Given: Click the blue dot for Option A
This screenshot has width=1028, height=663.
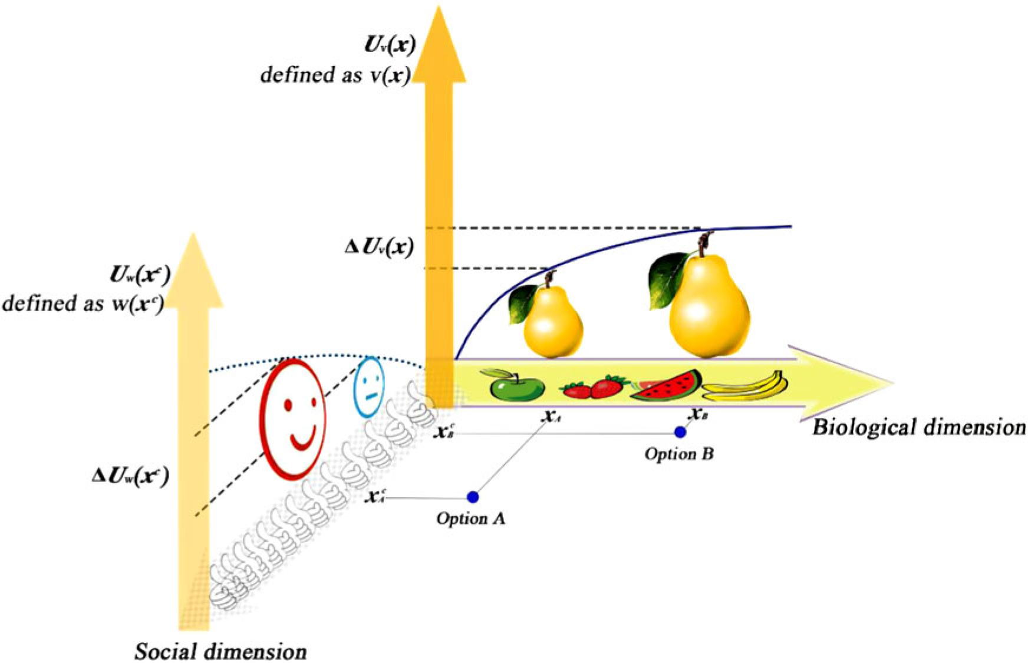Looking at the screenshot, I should click(x=473, y=497).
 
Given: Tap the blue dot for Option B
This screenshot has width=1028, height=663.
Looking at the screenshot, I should click(x=680, y=432).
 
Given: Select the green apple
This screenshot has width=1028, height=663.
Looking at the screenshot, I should click(x=517, y=386).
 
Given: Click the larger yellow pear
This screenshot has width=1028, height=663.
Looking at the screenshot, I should click(x=709, y=306).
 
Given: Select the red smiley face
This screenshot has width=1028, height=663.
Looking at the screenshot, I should click(x=292, y=419).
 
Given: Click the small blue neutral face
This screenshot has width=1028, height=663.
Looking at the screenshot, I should click(x=369, y=387).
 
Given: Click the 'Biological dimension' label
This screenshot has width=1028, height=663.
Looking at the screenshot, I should click(x=918, y=427).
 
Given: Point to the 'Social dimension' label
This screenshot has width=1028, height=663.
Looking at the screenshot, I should click(x=220, y=651).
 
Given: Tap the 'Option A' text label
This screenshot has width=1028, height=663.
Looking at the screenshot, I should click(x=470, y=519).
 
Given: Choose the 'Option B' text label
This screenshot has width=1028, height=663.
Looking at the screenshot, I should click(x=679, y=454).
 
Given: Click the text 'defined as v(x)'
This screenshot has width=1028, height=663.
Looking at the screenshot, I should click(x=335, y=75).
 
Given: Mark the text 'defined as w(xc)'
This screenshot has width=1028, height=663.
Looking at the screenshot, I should click(x=83, y=303).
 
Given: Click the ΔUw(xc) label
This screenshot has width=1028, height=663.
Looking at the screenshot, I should click(x=131, y=476).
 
